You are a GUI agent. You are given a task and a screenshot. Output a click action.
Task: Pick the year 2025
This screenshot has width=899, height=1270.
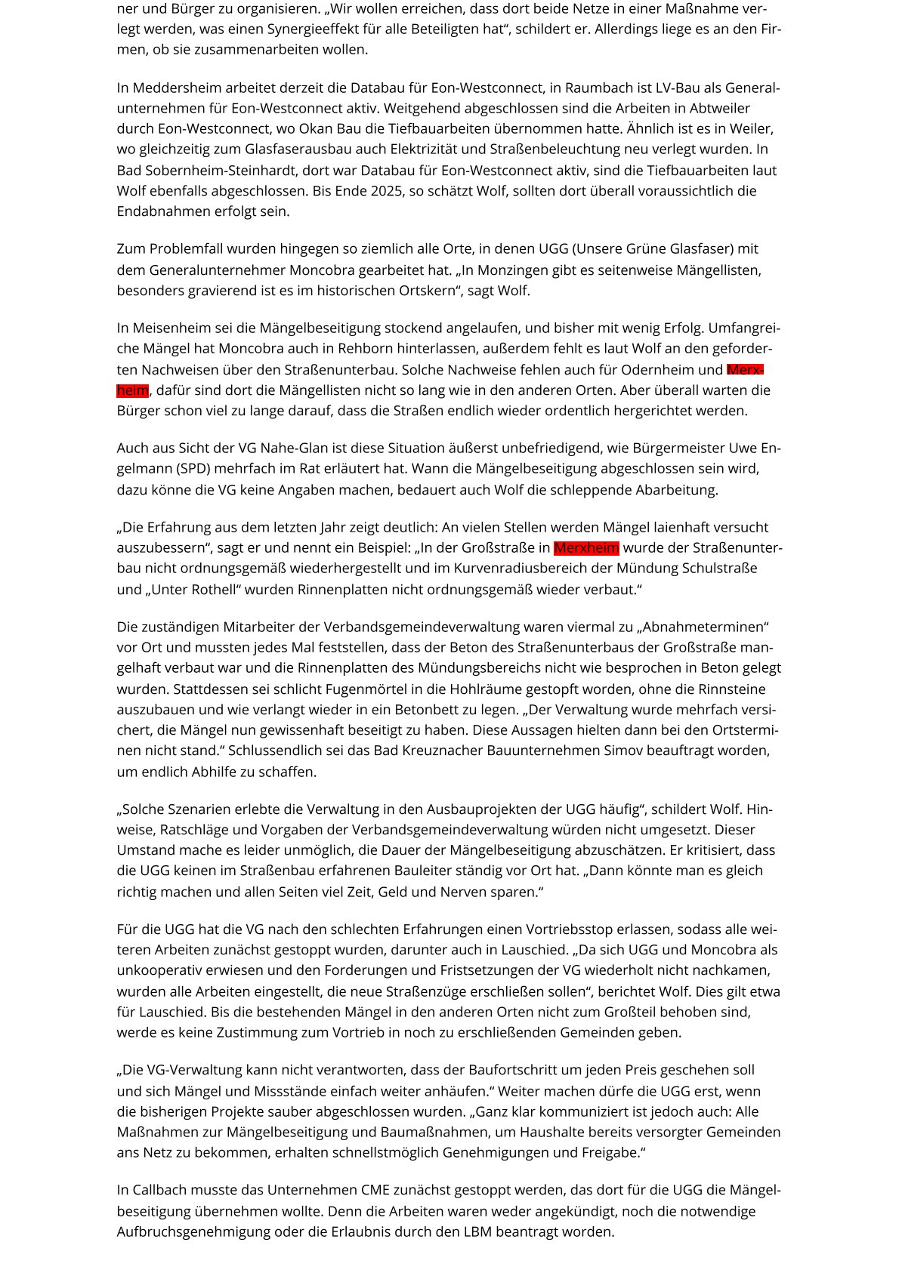point(387,190)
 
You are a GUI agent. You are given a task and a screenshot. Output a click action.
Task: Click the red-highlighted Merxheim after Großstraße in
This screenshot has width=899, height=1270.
point(586,548)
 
